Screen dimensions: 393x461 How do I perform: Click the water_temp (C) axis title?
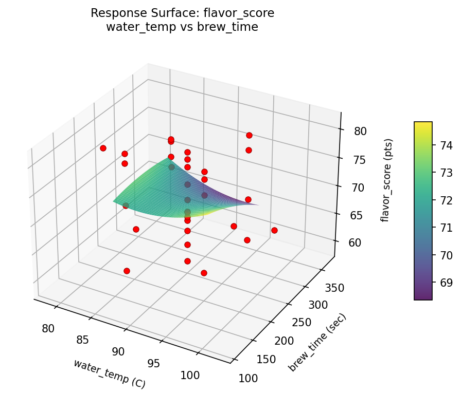coord(110,373)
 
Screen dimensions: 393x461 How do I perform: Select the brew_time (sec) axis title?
coord(317,342)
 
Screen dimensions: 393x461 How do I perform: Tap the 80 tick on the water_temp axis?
coord(49,328)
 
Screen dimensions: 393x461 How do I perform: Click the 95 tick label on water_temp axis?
coord(154,363)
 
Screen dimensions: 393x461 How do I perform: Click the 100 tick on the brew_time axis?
coord(249,378)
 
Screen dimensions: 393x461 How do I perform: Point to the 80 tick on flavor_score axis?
coord(361,131)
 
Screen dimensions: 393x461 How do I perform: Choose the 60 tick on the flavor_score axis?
coord(354,243)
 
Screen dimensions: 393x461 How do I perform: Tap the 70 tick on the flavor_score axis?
coord(358,188)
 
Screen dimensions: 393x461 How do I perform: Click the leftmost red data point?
coord(103,148)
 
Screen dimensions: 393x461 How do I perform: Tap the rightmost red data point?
coord(274,230)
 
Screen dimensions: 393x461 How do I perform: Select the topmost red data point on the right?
coord(249,135)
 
